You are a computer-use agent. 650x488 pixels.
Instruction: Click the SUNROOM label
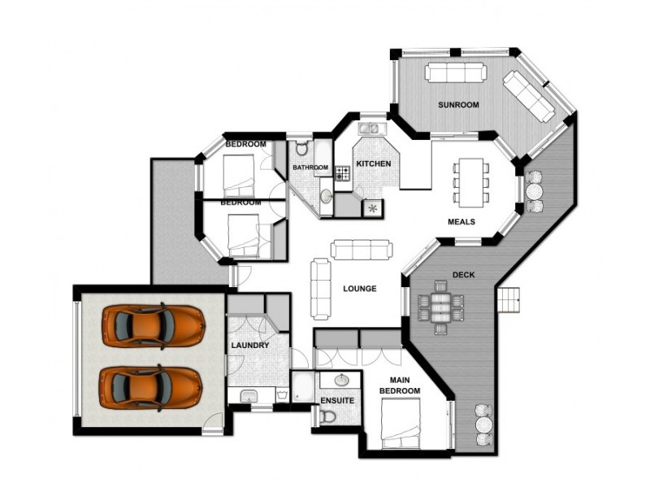[x=458, y=105]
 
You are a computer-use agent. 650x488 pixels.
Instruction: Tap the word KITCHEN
[x=373, y=163]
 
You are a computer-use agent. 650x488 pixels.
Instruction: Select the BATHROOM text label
[x=310, y=168]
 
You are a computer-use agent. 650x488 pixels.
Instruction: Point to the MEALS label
[x=461, y=221]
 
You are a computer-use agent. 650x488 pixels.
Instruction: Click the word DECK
[x=463, y=275]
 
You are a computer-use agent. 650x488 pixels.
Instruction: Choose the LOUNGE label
[x=359, y=288]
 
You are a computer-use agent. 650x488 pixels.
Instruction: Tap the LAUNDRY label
[x=249, y=345]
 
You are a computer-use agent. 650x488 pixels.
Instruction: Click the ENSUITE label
[x=336, y=400]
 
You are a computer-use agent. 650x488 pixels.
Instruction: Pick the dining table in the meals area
[x=471, y=181]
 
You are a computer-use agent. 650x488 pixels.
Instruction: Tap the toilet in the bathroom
[x=301, y=148]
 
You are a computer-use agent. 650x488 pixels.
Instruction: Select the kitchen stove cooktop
[x=342, y=172]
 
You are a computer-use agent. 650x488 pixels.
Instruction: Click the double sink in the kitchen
[x=369, y=128]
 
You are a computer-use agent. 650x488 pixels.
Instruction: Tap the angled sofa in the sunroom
[x=529, y=96]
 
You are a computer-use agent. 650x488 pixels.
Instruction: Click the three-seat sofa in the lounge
[x=359, y=248]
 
